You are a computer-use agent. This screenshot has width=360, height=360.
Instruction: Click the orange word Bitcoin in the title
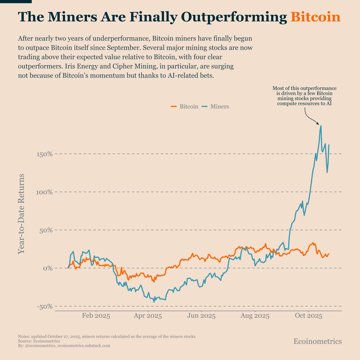(316, 17)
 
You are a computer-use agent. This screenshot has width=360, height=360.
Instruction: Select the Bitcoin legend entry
(184, 106)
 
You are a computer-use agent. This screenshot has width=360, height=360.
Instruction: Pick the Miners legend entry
(215, 106)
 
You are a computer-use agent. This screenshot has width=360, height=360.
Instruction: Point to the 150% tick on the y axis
(44, 154)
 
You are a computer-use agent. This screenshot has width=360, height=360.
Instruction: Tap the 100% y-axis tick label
(44, 192)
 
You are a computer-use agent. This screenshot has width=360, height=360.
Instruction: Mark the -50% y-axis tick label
(44, 306)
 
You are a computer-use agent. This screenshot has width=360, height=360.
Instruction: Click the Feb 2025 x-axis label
(96, 316)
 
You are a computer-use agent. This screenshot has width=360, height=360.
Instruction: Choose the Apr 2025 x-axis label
(148, 316)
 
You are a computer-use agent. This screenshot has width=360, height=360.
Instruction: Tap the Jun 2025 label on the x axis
(201, 316)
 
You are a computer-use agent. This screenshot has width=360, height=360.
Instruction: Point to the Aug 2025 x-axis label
(255, 316)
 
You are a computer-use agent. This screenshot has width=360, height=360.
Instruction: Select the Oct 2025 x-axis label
(308, 316)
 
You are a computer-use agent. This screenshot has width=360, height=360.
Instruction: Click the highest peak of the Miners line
(321, 126)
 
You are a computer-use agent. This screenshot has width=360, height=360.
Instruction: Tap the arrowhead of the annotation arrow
(318, 124)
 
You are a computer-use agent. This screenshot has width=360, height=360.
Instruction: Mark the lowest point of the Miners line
(154, 302)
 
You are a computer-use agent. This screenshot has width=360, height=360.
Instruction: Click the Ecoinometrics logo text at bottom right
(317, 341)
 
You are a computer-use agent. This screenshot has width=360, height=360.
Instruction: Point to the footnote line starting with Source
(39, 341)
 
